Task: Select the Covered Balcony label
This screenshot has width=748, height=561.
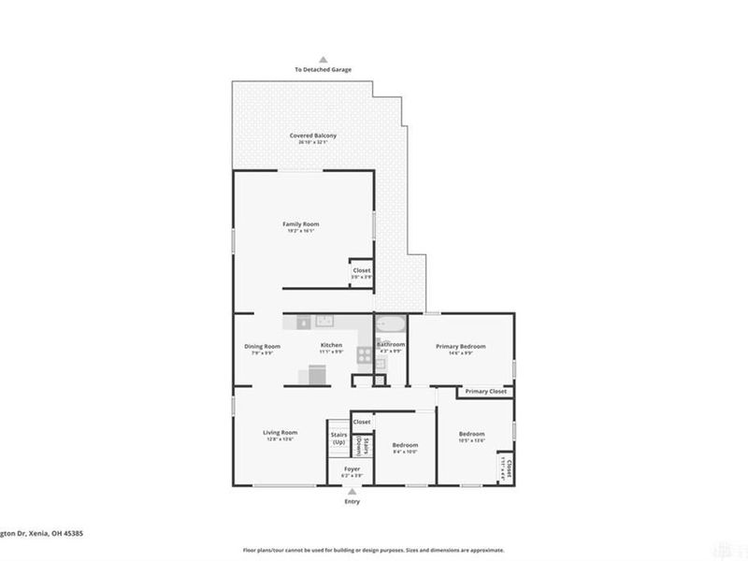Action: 312,136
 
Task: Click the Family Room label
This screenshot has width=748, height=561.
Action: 301,224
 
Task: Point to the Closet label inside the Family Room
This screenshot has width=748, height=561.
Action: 361,270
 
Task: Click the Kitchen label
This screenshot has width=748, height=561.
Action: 331,346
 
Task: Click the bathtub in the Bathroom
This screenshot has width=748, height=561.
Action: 389,326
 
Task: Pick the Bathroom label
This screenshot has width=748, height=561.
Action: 390,344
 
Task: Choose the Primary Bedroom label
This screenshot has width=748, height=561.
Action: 461,346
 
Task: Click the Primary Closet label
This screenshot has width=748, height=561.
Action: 486,391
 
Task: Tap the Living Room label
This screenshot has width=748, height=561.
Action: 280,432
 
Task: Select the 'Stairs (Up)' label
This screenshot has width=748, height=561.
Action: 338,438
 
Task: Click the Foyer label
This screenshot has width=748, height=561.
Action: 352,468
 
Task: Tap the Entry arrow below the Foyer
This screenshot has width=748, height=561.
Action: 352,490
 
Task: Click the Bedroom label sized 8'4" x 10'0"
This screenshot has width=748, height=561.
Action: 405,445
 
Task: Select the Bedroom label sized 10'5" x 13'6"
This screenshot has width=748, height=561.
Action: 471,434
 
